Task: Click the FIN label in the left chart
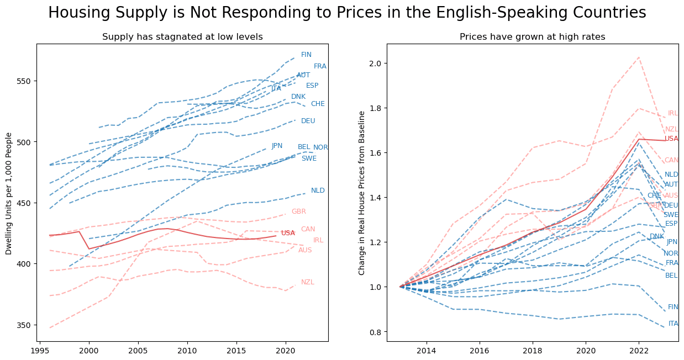pyautogui.click(x=306, y=55)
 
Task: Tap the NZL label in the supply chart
pyautogui.click(x=307, y=282)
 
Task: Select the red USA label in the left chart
pyautogui.click(x=288, y=233)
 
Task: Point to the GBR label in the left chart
pyautogui.click(x=298, y=211)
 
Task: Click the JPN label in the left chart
pyautogui.click(x=277, y=146)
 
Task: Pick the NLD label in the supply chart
pyautogui.click(x=318, y=190)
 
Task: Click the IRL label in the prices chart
pyautogui.click(x=672, y=113)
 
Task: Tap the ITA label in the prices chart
pyautogui.click(x=673, y=324)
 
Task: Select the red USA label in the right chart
pyautogui.click(x=671, y=139)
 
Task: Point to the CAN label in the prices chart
pyautogui.click(x=671, y=160)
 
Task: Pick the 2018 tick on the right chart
pyautogui.click(x=533, y=351)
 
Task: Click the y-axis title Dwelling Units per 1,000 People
pyautogui.click(x=9, y=193)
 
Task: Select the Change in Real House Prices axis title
pyautogui.click(x=362, y=193)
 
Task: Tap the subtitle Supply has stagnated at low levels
pyautogui.click(x=182, y=37)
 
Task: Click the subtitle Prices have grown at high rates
pyautogui.click(x=532, y=37)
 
